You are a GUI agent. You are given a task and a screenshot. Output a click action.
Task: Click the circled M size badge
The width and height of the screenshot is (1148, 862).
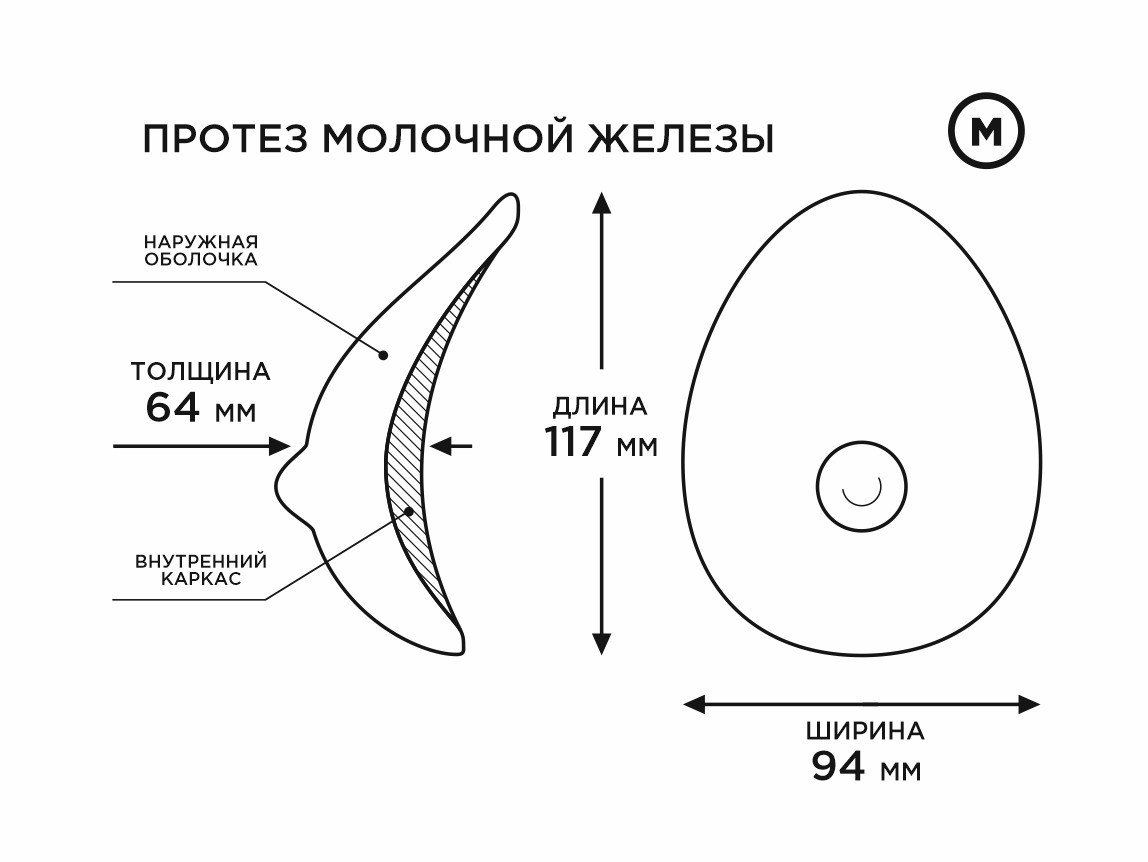986,132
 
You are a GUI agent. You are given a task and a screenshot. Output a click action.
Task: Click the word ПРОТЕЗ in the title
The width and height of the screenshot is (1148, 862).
226,138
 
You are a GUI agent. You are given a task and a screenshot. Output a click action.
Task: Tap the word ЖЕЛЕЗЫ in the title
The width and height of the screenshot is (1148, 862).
681,138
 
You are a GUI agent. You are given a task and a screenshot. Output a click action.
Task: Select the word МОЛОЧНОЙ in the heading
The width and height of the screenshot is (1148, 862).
448,138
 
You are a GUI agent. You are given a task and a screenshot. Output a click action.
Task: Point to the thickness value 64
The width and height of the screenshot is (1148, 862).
173,407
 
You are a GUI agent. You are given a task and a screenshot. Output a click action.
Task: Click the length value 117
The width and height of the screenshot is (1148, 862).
573,441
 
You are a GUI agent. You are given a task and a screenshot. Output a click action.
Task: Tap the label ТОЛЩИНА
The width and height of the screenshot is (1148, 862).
201,371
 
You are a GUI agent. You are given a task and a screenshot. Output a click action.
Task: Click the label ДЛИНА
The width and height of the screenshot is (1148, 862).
600,406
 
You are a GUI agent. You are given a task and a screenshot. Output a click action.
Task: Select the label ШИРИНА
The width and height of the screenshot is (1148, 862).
865,731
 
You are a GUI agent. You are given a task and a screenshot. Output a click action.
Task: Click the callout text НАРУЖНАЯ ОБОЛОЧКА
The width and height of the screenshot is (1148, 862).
201,250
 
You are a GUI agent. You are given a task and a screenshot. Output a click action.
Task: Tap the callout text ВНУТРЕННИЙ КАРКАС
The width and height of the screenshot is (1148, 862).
201,570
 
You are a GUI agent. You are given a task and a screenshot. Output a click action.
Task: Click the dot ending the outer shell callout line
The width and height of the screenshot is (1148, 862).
382,355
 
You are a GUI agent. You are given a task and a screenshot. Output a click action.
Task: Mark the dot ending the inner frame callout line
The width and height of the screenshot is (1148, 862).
409,511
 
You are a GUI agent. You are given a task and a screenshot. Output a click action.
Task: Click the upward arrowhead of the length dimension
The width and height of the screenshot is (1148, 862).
601,202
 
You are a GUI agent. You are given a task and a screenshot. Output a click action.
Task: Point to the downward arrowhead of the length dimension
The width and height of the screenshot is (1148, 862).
601,644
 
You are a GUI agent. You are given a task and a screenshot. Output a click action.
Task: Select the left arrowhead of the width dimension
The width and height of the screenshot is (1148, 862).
694,705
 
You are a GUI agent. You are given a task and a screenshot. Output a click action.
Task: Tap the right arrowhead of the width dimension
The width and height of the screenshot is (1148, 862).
1029,705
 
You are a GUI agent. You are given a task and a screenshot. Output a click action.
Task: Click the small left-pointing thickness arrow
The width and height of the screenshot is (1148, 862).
451,445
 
